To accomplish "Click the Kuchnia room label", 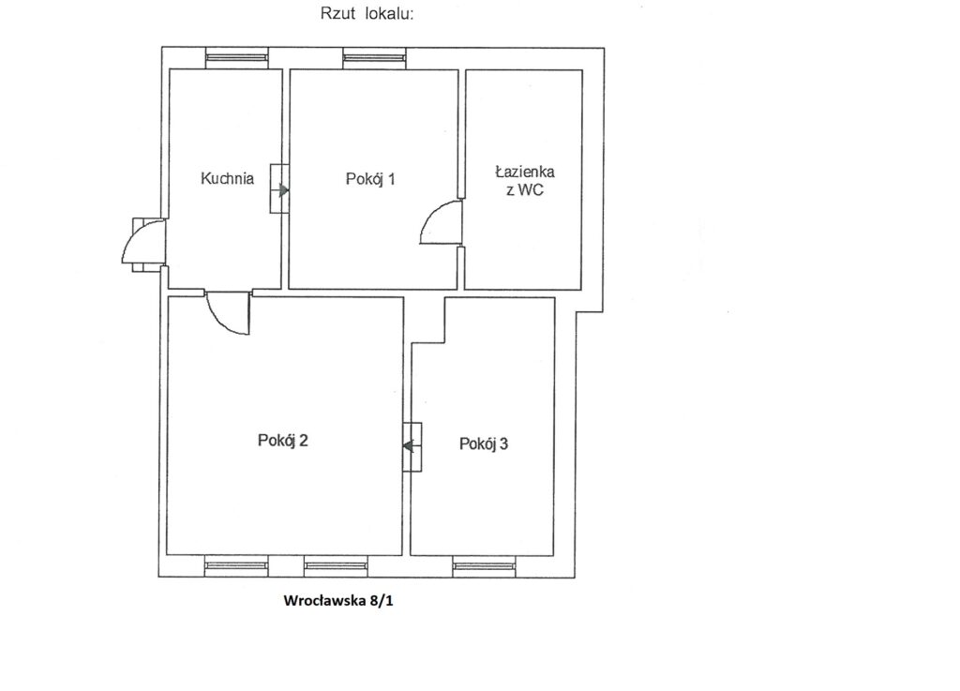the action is (x=227, y=179).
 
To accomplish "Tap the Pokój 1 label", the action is (x=370, y=179).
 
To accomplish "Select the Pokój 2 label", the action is (x=283, y=440).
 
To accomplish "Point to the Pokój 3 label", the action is (x=484, y=443).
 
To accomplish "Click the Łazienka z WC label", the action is (x=525, y=181).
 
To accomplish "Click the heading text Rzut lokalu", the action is (x=367, y=13).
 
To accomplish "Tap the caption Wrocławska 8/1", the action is (x=338, y=600).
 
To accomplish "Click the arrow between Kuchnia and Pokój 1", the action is (x=284, y=190).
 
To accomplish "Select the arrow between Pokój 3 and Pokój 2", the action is (x=408, y=446).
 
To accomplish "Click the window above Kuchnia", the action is (x=237, y=58).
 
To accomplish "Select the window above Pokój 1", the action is (x=374, y=58).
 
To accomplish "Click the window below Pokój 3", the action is (x=485, y=566).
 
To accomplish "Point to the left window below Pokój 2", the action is (x=235, y=566).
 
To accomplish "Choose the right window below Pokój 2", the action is (x=337, y=566).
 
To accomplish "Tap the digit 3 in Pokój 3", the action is (x=503, y=443).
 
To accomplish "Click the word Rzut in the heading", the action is (x=337, y=13).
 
